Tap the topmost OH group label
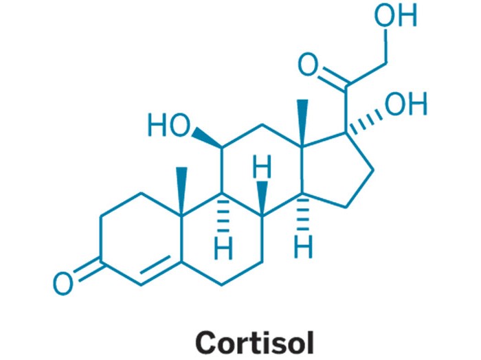point(395,15)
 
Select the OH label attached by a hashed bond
point(406,104)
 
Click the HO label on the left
point(169,125)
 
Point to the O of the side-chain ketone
point(308,65)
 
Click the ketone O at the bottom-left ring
point(63,284)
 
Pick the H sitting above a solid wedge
point(262,166)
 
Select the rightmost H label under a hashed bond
point(303,246)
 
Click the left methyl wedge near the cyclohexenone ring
point(182,191)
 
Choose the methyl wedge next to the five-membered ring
point(303,123)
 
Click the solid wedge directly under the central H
point(262,198)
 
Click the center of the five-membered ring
point(337,171)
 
